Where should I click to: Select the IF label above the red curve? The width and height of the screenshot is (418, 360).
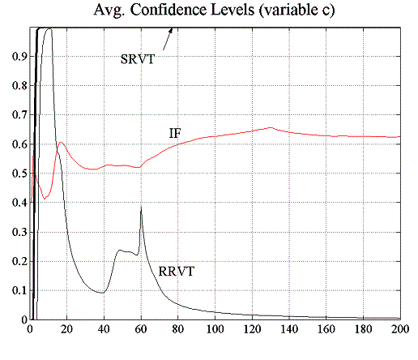click(x=174, y=132)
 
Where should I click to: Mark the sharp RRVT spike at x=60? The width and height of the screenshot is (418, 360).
click(x=141, y=208)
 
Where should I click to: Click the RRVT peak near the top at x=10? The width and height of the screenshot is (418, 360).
click(x=48, y=30)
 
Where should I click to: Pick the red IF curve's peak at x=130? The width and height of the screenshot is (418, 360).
click(x=271, y=127)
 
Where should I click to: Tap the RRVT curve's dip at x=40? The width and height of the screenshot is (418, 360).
click(x=104, y=292)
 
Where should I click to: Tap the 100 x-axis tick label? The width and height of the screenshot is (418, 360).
click(x=215, y=330)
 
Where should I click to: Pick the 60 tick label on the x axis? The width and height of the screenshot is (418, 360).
click(x=141, y=330)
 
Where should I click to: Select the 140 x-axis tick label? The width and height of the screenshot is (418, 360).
click(x=289, y=330)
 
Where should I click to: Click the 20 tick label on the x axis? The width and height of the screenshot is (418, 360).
click(x=66, y=330)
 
